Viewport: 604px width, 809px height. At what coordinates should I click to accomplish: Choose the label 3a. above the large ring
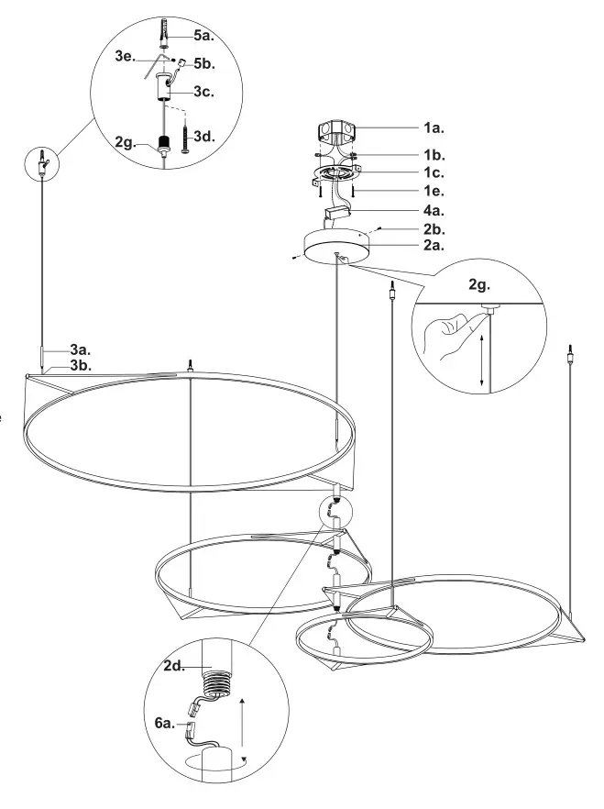81,349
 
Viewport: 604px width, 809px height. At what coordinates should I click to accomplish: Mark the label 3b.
81,365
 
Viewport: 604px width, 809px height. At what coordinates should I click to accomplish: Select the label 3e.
126,56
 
